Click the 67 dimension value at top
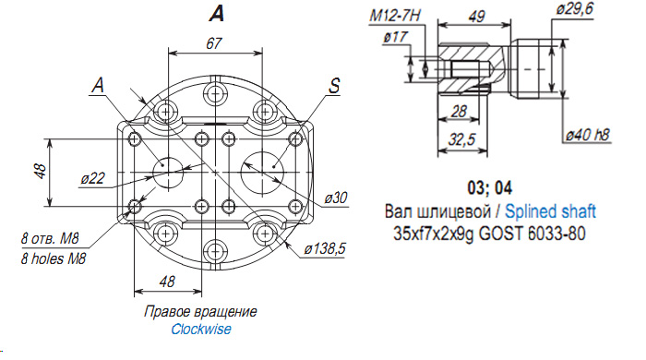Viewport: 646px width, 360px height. (x=214, y=43)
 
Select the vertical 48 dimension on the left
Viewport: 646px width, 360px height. (x=41, y=171)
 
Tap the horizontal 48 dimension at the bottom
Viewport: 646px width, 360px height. (x=167, y=282)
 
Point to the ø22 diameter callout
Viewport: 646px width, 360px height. (x=92, y=178)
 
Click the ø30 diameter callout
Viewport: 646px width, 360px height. (x=336, y=198)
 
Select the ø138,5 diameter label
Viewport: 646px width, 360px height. (x=325, y=249)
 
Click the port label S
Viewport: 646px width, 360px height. (x=334, y=86)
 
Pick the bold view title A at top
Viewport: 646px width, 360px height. (x=217, y=14)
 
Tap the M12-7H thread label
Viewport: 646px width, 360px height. (x=395, y=16)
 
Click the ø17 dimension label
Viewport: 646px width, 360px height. (x=395, y=37)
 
